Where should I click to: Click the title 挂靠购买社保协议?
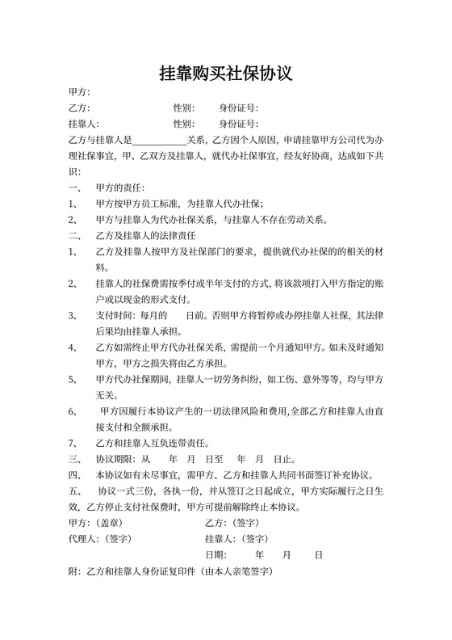(x=225, y=74)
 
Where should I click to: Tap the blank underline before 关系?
(x=159, y=140)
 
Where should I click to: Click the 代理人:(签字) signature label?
(x=101, y=539)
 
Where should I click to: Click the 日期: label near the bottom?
(x=216, y=555)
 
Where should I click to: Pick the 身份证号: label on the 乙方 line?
(x=238, y=108)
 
